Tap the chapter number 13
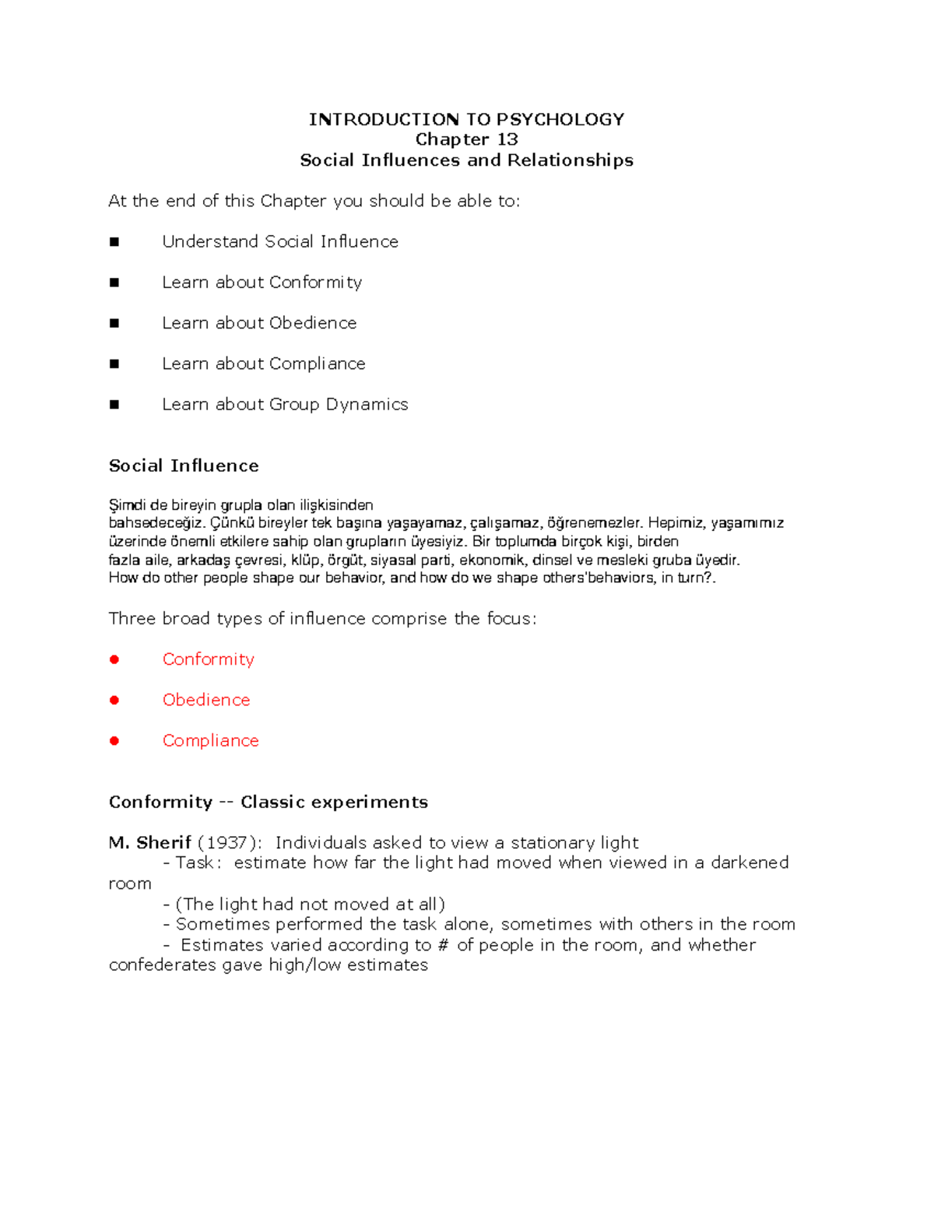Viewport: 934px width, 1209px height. pyautogui.click(x=507, y=139)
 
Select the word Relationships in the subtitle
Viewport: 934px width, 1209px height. pyautogui.click(x=570, y=160)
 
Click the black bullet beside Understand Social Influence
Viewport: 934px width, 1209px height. pyautogui.click(x=114, y=242)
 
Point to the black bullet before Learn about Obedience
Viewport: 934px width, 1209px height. pyautogui.click(x=114, y=323)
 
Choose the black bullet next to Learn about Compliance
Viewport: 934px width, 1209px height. pyautogui.click(x=114, y=364)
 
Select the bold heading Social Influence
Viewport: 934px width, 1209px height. pyautogui.click(x=184, y=466)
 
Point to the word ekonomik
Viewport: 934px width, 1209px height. pyautogui.click(x=492, y=560)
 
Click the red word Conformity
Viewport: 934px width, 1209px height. pyautogui.click(x=208, y=659)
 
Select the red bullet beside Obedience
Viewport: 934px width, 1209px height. pyautogui.click(x=114, y=700)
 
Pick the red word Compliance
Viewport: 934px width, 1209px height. pyautogui.click(x=210, y=741)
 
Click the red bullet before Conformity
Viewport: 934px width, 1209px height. pyautogui.click(x=114, y=659)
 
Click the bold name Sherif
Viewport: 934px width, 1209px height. pyautogui.click(x=163, y=842)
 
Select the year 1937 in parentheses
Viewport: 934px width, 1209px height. pyautogui.click(x=226, y=843)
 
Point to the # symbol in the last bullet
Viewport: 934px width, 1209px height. pyautogui.click(x=443, y=945)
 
